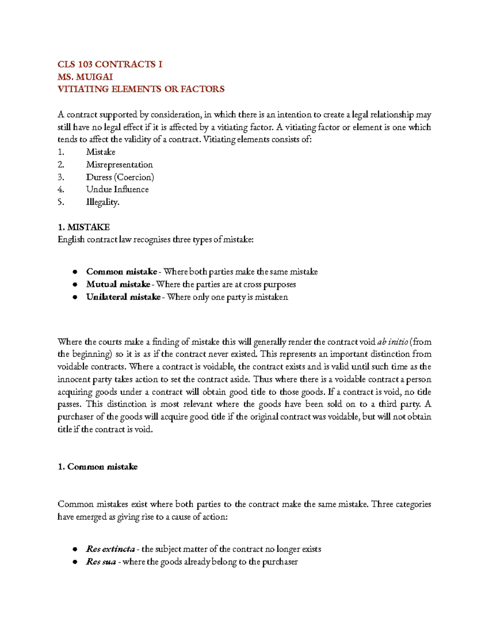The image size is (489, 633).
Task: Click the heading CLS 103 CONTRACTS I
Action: point(110,64)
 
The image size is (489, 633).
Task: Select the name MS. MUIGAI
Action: point(85,77)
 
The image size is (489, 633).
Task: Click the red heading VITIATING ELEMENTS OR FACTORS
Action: point(141,89)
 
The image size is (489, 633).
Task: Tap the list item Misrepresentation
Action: point(119,165)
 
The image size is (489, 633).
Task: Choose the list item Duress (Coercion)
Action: point(120,177)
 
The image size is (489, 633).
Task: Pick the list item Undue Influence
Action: point(117,190)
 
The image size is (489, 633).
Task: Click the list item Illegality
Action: point(103,202)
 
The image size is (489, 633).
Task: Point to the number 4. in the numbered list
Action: point(61,190)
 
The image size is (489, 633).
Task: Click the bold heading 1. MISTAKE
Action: point(84,227)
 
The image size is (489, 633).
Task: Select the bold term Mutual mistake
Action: point(118,285)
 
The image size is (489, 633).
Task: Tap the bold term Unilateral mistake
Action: point(123,297)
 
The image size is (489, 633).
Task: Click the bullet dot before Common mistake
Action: point(75,272)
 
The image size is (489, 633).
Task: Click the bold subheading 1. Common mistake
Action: point(97,467)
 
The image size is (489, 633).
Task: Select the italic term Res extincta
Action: point(110,549)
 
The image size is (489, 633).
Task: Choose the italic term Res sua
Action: point(101,562)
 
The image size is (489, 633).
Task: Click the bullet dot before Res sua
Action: point(75,562)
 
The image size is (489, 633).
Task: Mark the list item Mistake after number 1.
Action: point(101,152)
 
